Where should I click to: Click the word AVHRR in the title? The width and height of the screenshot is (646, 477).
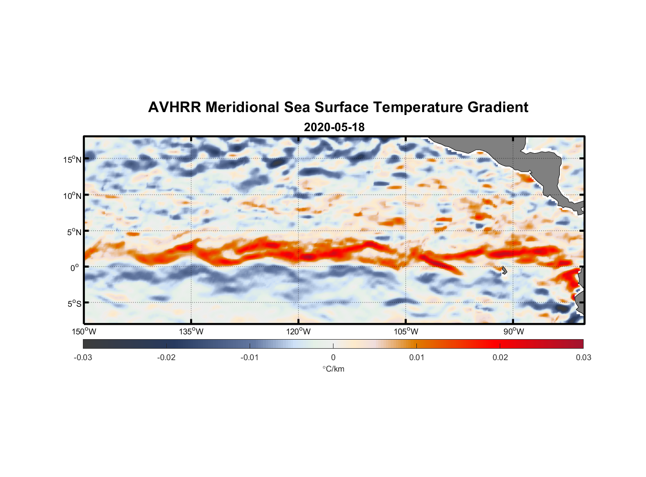coord(174,107)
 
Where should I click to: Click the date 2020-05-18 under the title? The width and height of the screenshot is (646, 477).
coord(334,127)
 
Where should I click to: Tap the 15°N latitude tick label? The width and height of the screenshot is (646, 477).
coord(72,159)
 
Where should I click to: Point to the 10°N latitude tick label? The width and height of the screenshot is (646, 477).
coord(72,196)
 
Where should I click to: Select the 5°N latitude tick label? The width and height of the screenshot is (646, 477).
coord(74,232)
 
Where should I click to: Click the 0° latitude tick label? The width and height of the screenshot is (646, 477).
coord(75,268)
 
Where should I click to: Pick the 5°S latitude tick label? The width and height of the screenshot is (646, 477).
coord(74,304)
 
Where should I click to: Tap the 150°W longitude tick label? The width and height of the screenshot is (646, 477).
coord(84,332)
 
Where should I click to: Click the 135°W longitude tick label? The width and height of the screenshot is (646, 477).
coord(191,332)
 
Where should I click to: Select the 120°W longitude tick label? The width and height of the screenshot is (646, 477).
coord(298,332)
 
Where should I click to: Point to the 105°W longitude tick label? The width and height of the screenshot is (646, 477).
coord(406,332)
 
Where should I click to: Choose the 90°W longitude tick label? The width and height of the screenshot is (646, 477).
coord(513,332)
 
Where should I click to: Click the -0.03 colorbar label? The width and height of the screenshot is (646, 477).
coord(83,357)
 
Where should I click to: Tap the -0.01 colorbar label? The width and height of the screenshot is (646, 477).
coord(250,357)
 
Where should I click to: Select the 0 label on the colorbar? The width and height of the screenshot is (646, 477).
coord(333,357)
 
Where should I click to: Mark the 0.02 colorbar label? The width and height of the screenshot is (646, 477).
coord(500,357)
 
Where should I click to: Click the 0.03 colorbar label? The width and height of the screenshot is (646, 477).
coord(583,357)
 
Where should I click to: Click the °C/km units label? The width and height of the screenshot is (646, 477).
coord(333,369)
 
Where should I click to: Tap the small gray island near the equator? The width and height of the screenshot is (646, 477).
coord(504,270)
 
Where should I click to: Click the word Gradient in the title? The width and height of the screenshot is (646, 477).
coord(497,107)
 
